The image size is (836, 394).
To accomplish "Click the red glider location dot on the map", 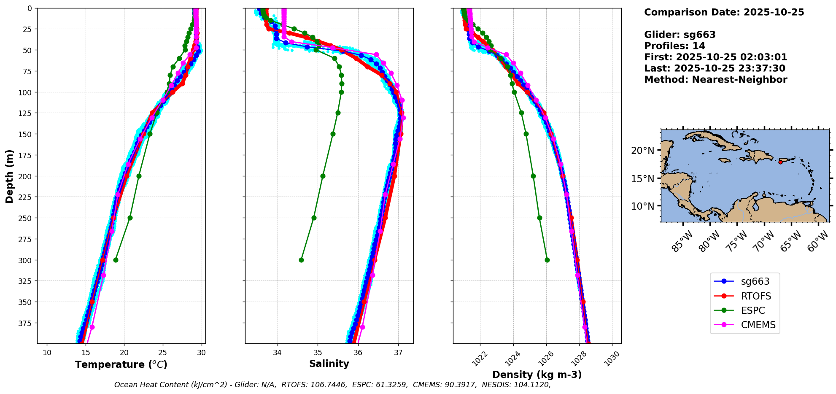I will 780,162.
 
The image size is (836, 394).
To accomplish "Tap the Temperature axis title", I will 121,364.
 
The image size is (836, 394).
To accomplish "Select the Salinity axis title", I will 329,364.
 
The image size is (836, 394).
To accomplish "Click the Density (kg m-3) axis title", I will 537,375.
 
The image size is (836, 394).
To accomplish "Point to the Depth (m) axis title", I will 9,176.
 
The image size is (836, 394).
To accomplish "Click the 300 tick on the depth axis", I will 26,260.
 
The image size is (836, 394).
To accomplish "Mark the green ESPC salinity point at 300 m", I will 301,260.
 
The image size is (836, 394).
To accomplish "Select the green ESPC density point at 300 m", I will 547,260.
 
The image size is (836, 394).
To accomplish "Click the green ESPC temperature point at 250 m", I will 130,218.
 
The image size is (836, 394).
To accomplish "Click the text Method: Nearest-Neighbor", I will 715,80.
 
